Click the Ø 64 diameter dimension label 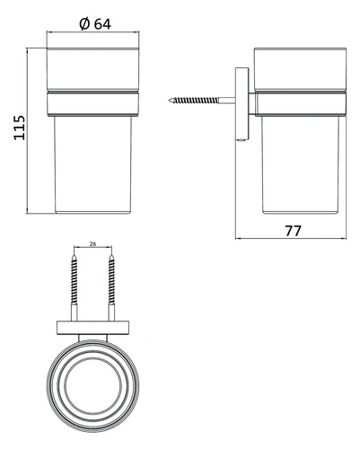click(95, 24)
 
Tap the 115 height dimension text click(20, 128)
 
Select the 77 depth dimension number click(293, 231)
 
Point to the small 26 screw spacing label click(92, 244)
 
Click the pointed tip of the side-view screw click(170, 101)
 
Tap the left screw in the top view click(74, 287)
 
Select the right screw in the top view click(111, 287)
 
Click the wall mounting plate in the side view click(241, 104)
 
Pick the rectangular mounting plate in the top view click(92, 328)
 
